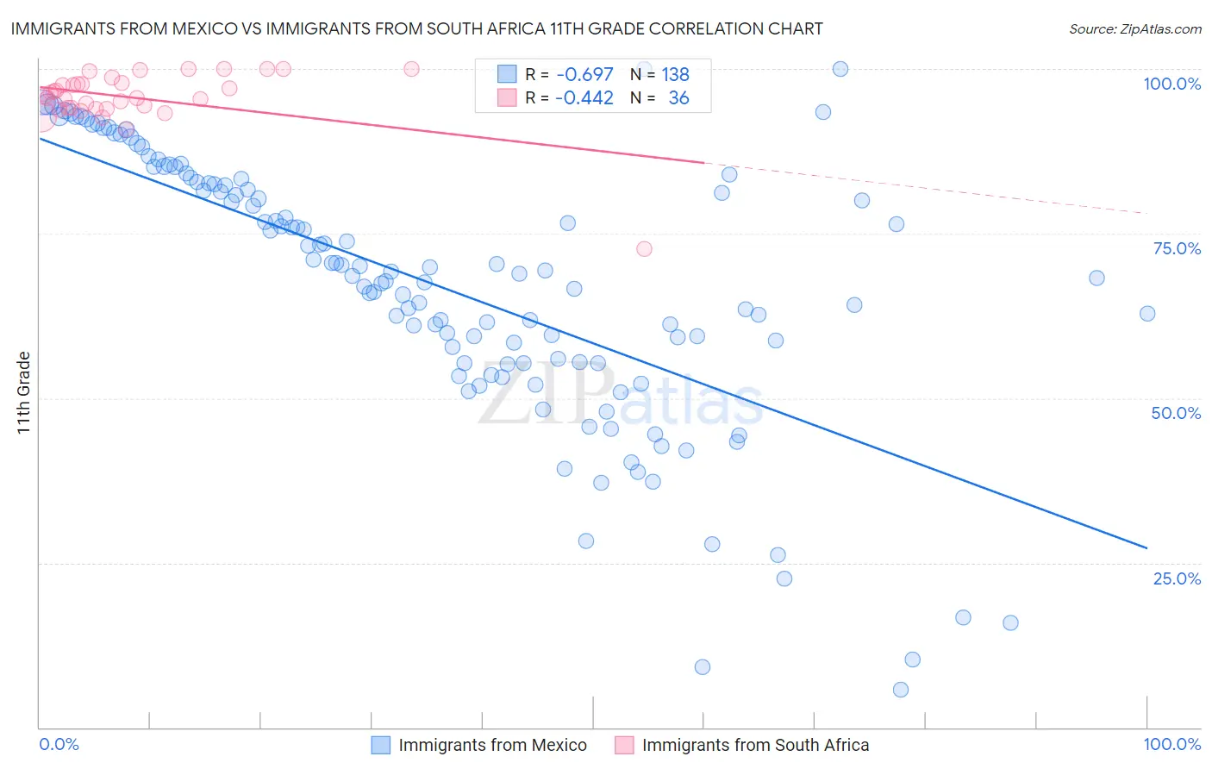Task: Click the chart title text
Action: (416, 28)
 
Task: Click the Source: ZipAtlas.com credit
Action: (1134, 28)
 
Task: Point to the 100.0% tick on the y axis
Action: (1171, 84)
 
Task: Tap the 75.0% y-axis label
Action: (1177, 248)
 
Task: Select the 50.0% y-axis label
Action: (1176, 413)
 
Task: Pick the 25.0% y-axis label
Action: (1177, 578)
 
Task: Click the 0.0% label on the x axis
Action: (59, 744)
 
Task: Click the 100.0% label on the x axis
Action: (1171, 744)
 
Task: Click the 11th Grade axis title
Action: (24, 392)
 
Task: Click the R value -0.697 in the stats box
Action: (584, 75)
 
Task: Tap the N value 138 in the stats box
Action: (675, 75)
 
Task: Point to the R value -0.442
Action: (584, 98)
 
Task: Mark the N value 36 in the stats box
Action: (678, 98)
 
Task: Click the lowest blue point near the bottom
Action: (901, 690)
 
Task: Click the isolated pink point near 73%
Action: (644, 249)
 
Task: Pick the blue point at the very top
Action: (840, 69)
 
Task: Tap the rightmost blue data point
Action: (1147, 314)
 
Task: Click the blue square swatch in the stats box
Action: (507, 75)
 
